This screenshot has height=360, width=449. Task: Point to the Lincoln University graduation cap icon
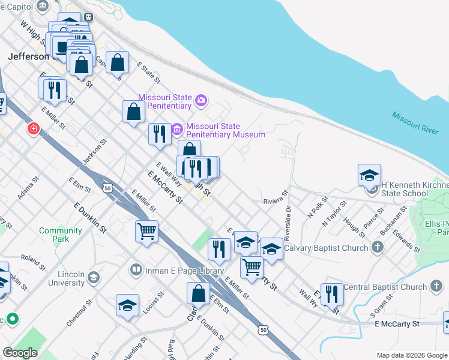93,277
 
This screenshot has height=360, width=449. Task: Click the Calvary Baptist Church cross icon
378,247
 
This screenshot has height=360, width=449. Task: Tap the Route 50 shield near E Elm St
107,188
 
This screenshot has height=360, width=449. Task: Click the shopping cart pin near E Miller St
147,232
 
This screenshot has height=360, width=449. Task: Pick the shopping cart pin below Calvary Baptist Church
252,266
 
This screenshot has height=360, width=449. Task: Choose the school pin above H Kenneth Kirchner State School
369,175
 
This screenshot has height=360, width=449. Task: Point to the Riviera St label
276,198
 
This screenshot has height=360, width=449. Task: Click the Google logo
20,352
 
